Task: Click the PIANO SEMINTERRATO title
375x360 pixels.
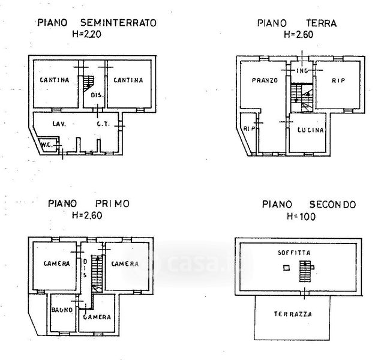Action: [97, 23]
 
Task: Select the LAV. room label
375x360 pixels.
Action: [58, 124]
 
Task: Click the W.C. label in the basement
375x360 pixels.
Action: [47, 144]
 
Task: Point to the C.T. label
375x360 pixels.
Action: [101, 124]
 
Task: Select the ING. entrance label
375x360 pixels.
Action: [302, 71]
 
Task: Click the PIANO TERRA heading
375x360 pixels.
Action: [296, 23]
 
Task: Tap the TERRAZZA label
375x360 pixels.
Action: [293, 314]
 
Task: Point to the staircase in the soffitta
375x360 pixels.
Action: [306, 272]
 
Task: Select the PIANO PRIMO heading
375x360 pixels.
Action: [89, 204]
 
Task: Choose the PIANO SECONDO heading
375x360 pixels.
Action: [308, 205]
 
